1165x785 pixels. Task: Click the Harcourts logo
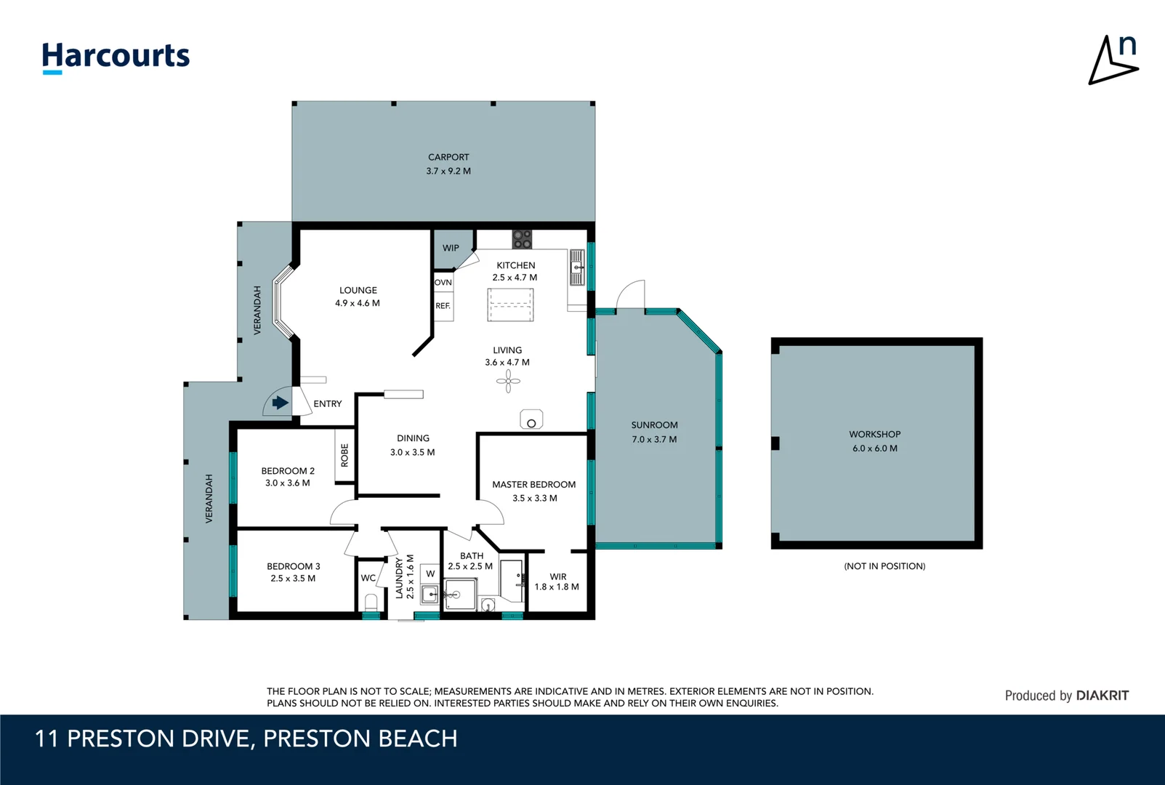116,57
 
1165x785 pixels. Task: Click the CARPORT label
448,157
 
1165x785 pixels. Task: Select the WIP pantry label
451,248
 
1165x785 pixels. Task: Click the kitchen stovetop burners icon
522,239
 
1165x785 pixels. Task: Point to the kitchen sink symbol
577,267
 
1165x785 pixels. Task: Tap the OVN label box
443,282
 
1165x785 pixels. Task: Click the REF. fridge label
443,306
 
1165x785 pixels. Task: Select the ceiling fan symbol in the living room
508,381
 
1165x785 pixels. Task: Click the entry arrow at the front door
280,403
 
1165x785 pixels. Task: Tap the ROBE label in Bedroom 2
344,455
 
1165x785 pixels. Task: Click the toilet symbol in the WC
371,603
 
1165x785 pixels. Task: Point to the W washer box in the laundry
430,573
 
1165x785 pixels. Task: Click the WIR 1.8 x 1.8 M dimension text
557,587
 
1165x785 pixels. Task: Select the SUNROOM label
654,425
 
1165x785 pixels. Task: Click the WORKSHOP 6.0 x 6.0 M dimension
874,448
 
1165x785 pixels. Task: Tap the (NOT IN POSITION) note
884,566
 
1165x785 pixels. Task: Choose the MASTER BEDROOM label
533,485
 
